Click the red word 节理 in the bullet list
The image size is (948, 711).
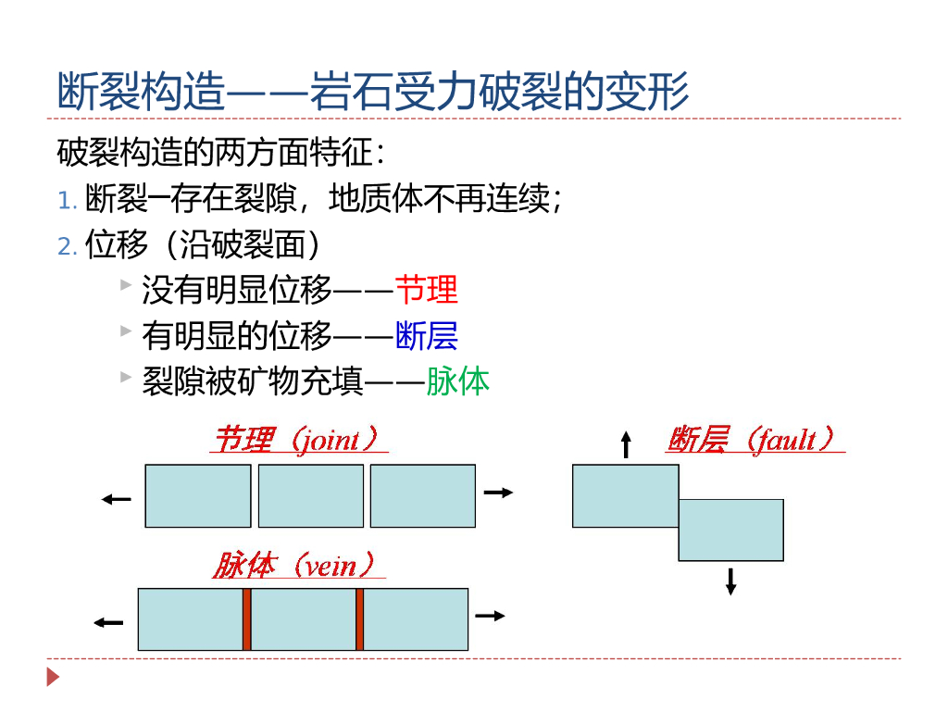tap(426, 291)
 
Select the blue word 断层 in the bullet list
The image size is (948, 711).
tap(426, 335)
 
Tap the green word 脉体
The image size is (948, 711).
tap(457, 380)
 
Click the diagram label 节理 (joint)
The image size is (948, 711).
tap(298, 439)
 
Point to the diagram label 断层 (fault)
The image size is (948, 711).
tap(754, 439)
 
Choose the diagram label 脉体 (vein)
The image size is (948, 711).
tap(297, 565)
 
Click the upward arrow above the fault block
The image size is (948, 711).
tap(626, 444)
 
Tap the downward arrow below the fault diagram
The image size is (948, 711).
tap(730, 580)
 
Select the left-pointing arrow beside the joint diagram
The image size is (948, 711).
tap(117, 500)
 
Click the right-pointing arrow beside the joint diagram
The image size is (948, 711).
tap(498, 493)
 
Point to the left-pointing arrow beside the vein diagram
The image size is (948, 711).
tap(108, 622)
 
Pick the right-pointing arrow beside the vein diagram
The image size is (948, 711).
tap(490, 616)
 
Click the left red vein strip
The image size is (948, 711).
tap(247, 619)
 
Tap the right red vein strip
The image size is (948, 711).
tap(359, 619)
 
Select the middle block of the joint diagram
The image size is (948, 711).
tap(311, 496)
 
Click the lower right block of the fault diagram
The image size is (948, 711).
tap(731, 530)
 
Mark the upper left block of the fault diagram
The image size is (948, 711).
tap(626, 496)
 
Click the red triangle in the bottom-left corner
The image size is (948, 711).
tap(53, 677)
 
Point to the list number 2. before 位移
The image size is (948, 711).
tap(67, 246)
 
